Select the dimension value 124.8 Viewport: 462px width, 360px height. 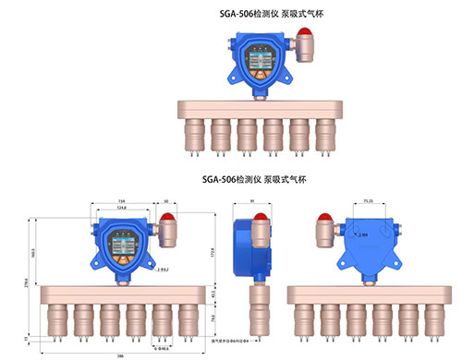coord(123,208)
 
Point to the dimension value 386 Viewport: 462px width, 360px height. coord(121,354)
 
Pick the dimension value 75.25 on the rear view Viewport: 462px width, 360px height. coord(367,198)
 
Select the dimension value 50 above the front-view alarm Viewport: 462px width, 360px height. coord(166,199)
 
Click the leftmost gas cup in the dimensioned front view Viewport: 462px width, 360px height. coord(57,318)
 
